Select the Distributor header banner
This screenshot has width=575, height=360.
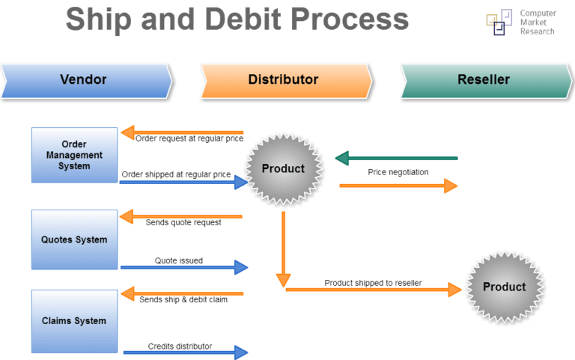[x=283, y=79]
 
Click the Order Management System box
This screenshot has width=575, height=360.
[x=74, y=155]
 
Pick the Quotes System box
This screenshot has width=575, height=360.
[x=74, y=240]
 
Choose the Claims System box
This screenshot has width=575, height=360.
[x=74, y=321]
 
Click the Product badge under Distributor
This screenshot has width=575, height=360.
[x=283, y=168]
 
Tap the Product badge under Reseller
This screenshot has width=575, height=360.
[x=504, y=287]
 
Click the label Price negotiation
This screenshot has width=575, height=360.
[x=398, y=172]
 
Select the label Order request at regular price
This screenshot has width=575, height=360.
[x=189, y=138]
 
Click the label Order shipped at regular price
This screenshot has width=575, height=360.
[x=176, y=174]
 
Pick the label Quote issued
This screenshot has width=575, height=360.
[x=179, y=260]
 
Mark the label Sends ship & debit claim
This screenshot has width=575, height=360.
[x=183, y=299]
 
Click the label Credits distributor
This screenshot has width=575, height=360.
[x=180, y=346]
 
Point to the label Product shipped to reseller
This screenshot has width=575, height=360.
[x=373, y=282]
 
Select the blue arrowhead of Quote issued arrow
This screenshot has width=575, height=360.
[x=241, y=267]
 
